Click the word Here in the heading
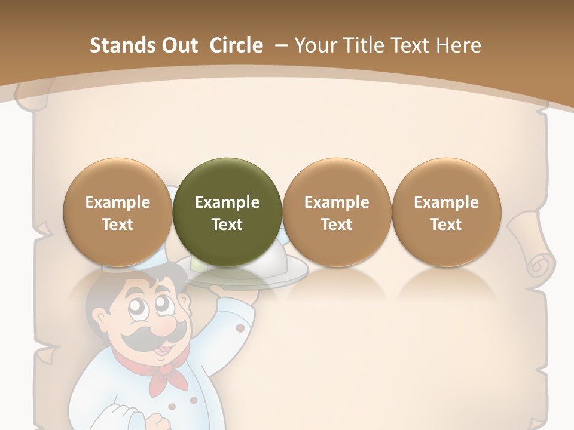coord(459,45)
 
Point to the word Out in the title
coord(181,45)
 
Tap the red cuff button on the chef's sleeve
coord(240,328)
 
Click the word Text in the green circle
coord(227,225)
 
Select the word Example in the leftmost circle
coord(118,202)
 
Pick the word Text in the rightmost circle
coord(446,225)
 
